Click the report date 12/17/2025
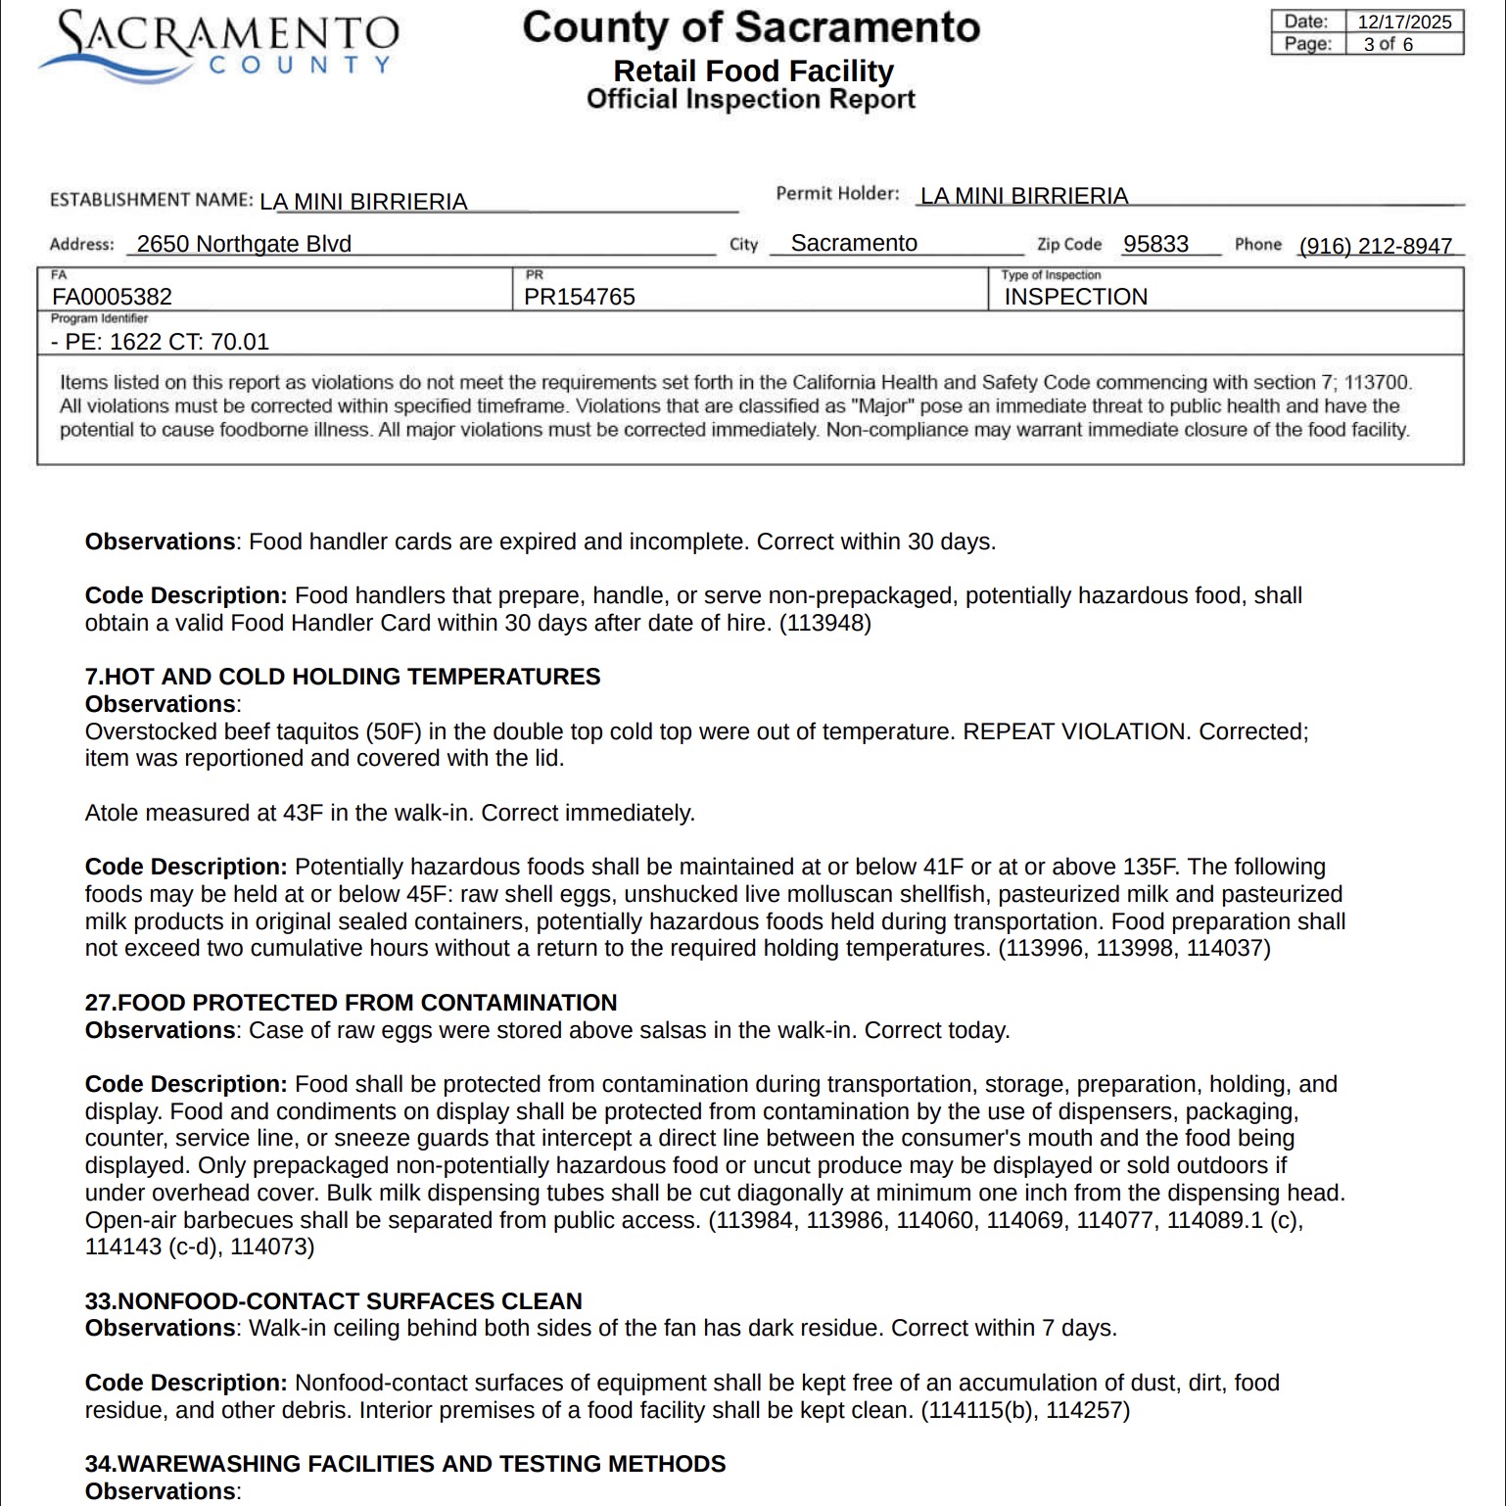pos(1403,22)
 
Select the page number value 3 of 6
pos(1388,44)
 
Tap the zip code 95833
pos(1155,244)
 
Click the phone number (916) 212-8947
pos(1375,246)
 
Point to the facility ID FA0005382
pos(112,297)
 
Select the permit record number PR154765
pos(579,297)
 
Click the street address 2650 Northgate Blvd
pos(244,244)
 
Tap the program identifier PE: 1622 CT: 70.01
pos(160,342)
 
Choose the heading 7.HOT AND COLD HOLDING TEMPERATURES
pos(342,677)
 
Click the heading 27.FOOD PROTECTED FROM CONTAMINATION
pos(351,1003)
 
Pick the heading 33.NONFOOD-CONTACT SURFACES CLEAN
pos(333,1301)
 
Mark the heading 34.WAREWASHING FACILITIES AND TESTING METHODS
pos(405,1464)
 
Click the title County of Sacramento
pos(751,27)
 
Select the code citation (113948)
pos(824,623)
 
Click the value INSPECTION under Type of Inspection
pos(1075,297)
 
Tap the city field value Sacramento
pos(853,244)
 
